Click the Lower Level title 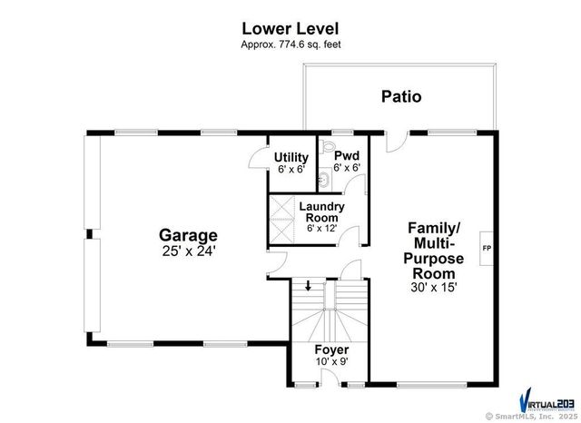click(x=290, y=28)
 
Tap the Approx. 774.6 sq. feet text click(x=290, y=44)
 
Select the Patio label click(x=400, y=95)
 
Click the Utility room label click(x=290, y=157)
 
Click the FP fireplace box click(x=487, y=246)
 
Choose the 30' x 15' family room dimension click(x=433, y=287)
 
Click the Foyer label click(x=331, y=349)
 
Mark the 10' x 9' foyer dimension click(x=331, y=362)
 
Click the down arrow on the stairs click(x=309, y=286)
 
